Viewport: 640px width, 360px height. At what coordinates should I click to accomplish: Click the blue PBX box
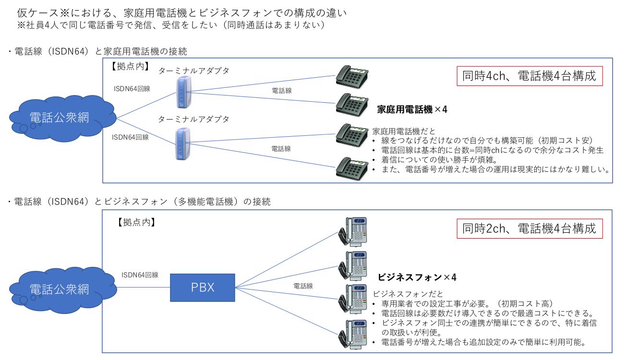tap(203, 288)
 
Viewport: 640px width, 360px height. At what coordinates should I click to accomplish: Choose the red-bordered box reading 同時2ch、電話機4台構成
tap(530, 228)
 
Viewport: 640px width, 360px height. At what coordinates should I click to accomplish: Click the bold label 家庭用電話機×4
tap(412, 109)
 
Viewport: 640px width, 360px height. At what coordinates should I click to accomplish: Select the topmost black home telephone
tap(352, 75)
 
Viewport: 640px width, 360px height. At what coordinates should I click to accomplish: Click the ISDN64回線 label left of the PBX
tap(140, 275)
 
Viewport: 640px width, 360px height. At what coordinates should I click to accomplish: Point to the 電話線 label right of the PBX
tap(303, 286)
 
